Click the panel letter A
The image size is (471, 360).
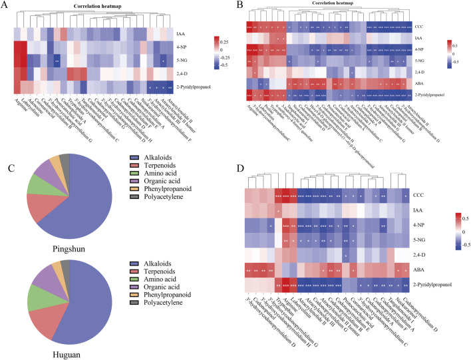pos(5,6)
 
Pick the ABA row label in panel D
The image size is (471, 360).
pos(427,270)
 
